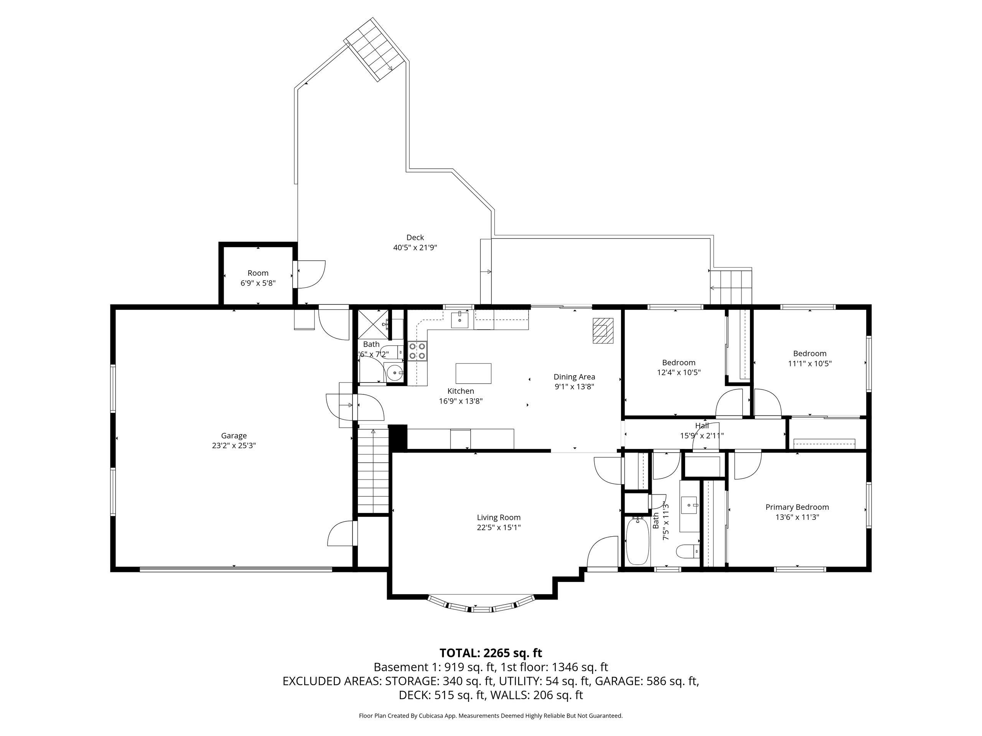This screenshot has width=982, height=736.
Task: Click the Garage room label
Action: [234, 435]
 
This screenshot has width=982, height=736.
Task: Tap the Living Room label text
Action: [499, 517]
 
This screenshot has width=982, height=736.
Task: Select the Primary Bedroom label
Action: [797, 507]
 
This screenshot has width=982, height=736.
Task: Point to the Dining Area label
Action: [574, 377]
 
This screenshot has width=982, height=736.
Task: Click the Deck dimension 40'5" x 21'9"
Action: [415, 248]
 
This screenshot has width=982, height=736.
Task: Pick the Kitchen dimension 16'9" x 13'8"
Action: [460, 401]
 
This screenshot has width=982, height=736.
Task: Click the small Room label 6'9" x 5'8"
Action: [258, 283]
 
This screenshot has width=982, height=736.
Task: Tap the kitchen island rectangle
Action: [473, 373]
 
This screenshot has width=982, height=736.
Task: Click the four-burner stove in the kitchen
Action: [417, 351]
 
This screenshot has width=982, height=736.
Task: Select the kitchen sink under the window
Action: [460, 319]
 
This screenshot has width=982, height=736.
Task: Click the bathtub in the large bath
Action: [638, 541]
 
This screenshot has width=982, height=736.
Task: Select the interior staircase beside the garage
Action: [373, 470]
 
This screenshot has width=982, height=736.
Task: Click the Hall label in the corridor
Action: [702, 426]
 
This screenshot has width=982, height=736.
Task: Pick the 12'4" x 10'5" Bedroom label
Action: [679, 367]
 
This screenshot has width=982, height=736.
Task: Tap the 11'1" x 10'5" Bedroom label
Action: [810, 358]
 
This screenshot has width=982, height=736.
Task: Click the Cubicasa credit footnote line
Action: [491, 716]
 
